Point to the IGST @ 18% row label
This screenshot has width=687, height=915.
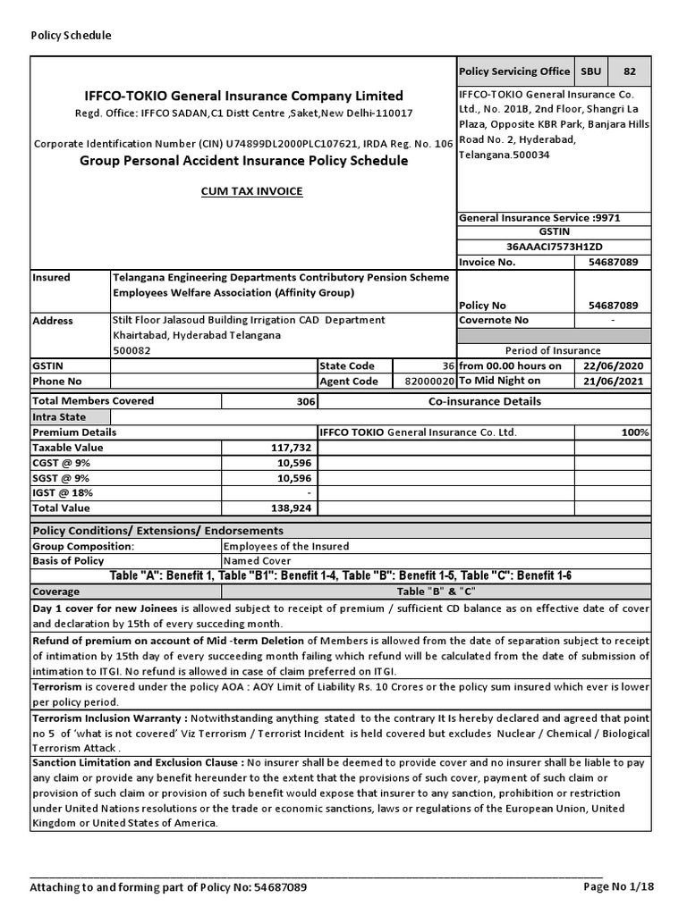[63, 492]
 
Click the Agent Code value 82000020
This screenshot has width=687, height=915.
[429, 381]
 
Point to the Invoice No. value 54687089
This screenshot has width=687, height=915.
[613, 263]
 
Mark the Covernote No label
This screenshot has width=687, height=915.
[494, 320]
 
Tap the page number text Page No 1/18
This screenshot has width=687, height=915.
[619, 887]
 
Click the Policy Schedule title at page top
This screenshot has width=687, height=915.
[72, 36]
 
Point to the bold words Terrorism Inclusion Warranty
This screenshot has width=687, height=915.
[110, 718]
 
